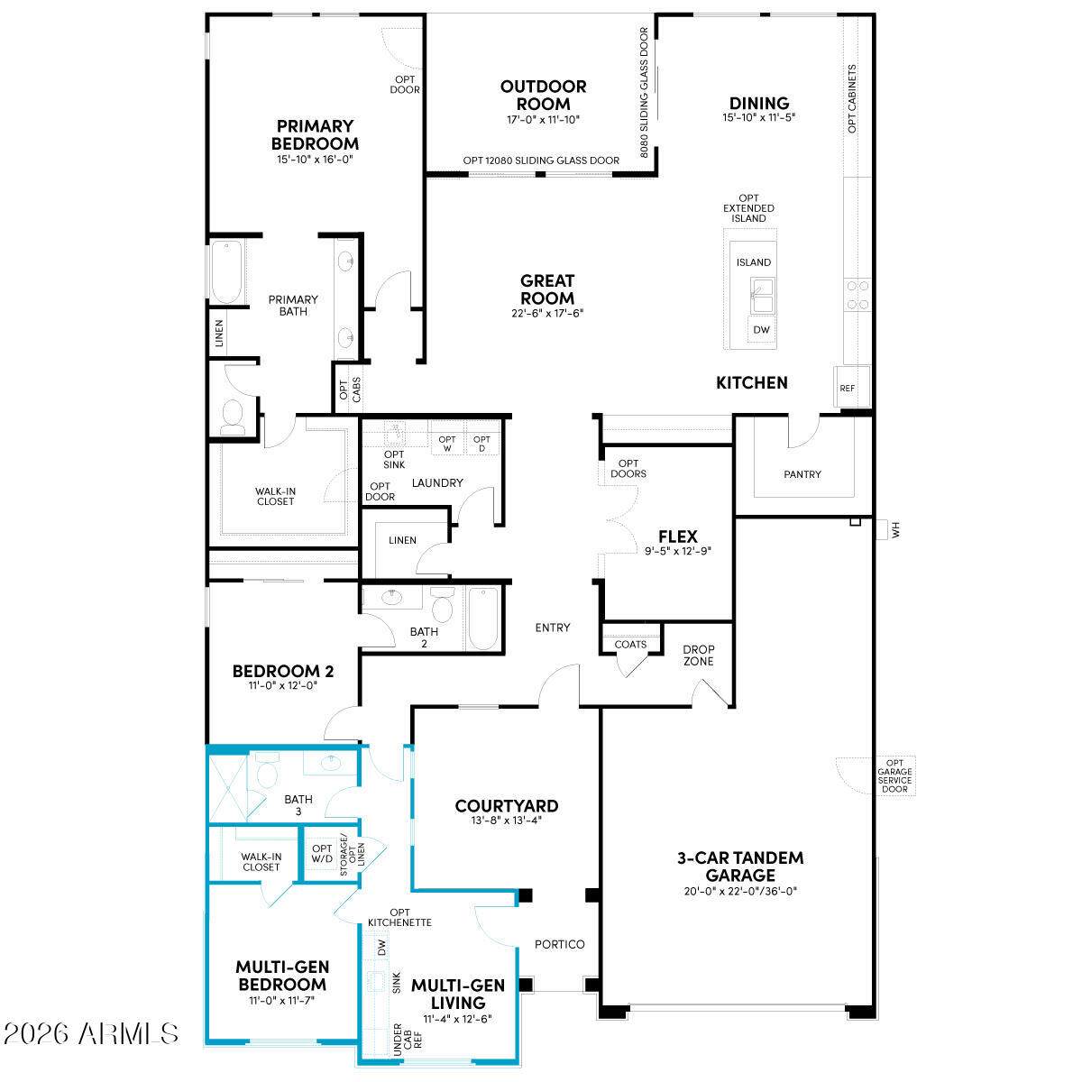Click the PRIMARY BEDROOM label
[315, 134]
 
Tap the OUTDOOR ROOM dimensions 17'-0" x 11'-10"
[543, 120]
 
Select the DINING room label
[759, 104]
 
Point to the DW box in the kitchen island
[761, 330]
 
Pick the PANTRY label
[802, 474]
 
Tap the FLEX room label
[678, 536]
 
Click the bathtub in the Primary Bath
[227, 271]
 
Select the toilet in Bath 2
[443, 605]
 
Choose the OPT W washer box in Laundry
[447, 444]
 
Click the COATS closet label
[630, 645]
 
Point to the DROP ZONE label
[699, 656]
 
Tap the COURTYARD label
[507, 806]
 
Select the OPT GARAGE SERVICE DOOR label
[894, 776]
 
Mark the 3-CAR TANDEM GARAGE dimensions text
[740, 891]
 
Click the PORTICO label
[559, 944]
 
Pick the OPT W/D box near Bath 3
[322, 854]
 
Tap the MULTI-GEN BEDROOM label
[282, 976]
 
